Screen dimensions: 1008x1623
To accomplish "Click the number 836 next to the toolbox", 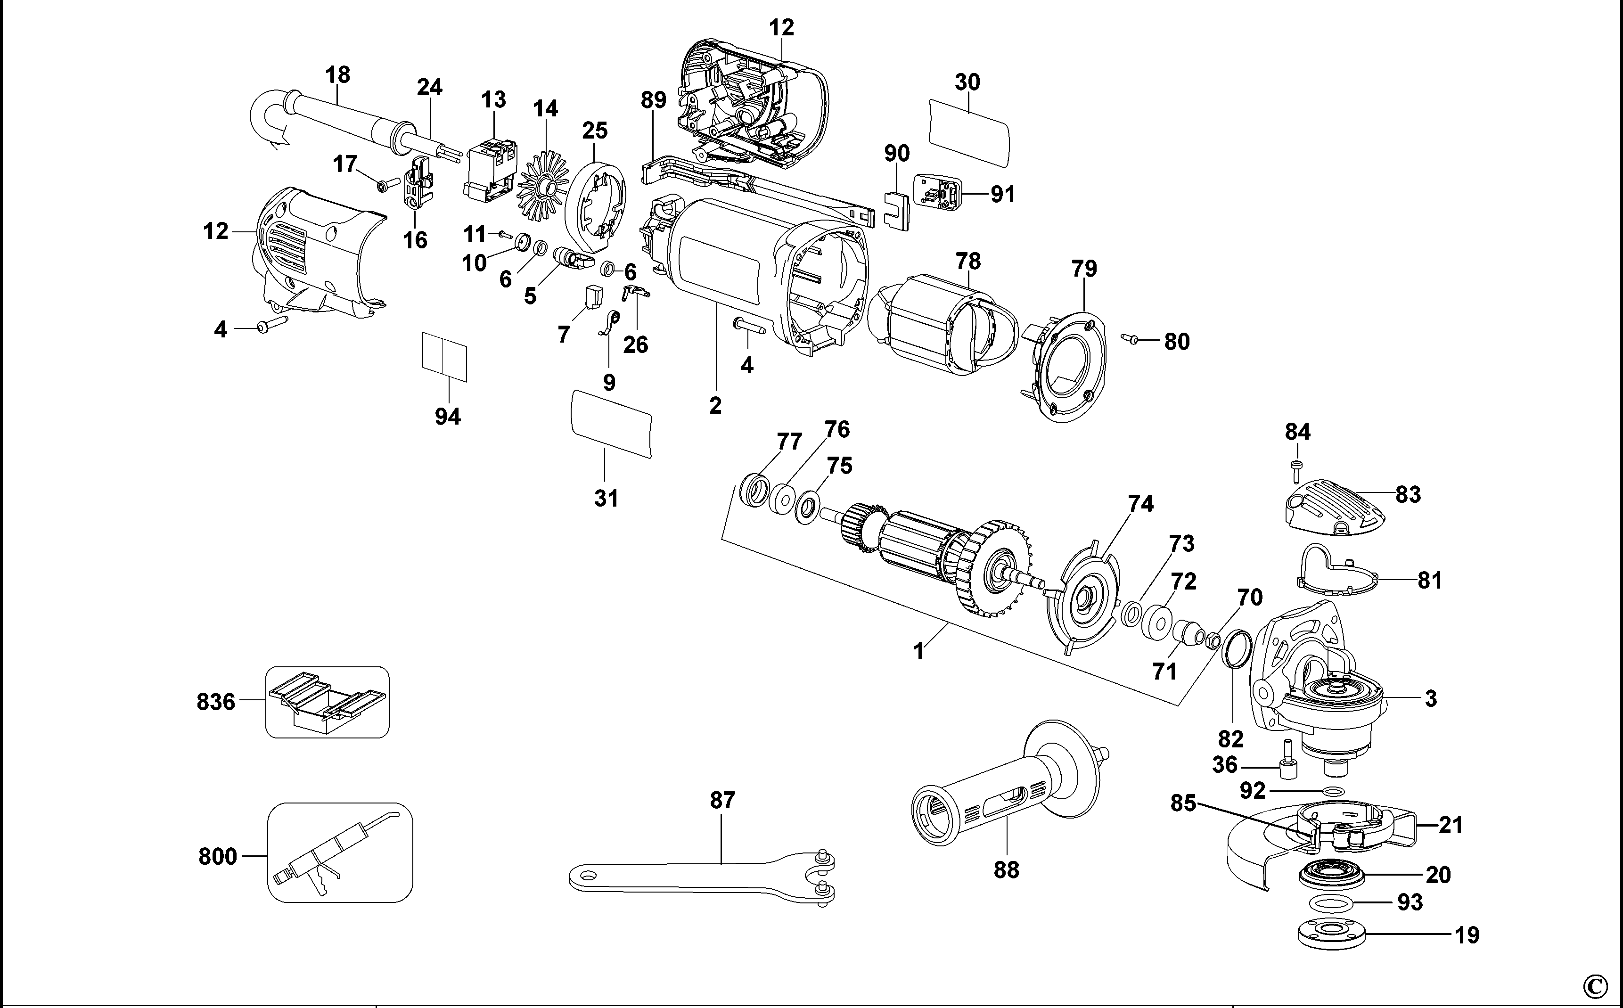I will click(216, 702).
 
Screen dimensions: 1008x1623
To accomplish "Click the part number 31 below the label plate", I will click(607, 498).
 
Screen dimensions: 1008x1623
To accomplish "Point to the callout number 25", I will click(595, 130).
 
